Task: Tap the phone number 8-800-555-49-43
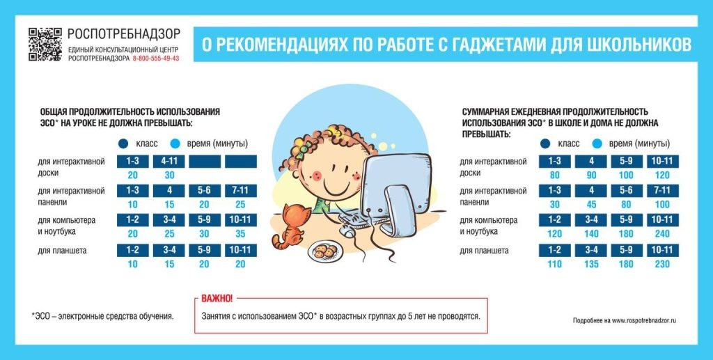[155, 58]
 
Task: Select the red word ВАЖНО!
[217, 298]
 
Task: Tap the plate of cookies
[324, 251]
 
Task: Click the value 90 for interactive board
[589, 175]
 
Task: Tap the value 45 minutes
[589, 205]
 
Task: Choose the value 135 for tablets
[589, 265]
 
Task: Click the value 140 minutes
[589, 235]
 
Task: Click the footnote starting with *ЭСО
[102, 316]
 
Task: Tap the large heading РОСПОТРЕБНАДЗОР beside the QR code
[124, 33]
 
